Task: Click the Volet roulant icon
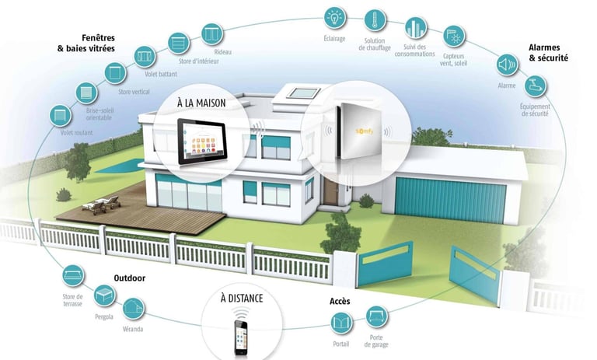point(58,115)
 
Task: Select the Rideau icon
point(212,33)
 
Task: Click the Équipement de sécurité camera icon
point(536,85)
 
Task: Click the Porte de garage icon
point(377,316)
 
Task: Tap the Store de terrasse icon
point(73,275)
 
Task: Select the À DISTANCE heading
point(241,299)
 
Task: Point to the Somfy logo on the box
point(364,132)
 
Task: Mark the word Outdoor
point(130,278)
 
